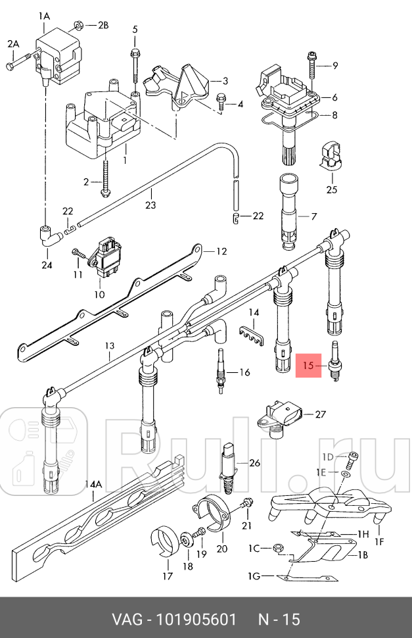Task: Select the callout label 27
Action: tap(320, 414)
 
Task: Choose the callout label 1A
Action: tap(44, 14)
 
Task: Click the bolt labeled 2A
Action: tap(20, 64)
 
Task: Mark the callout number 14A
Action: tap(94, 484)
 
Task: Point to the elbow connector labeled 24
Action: tap(48, 239)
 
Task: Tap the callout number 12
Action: tap(221, 251)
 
